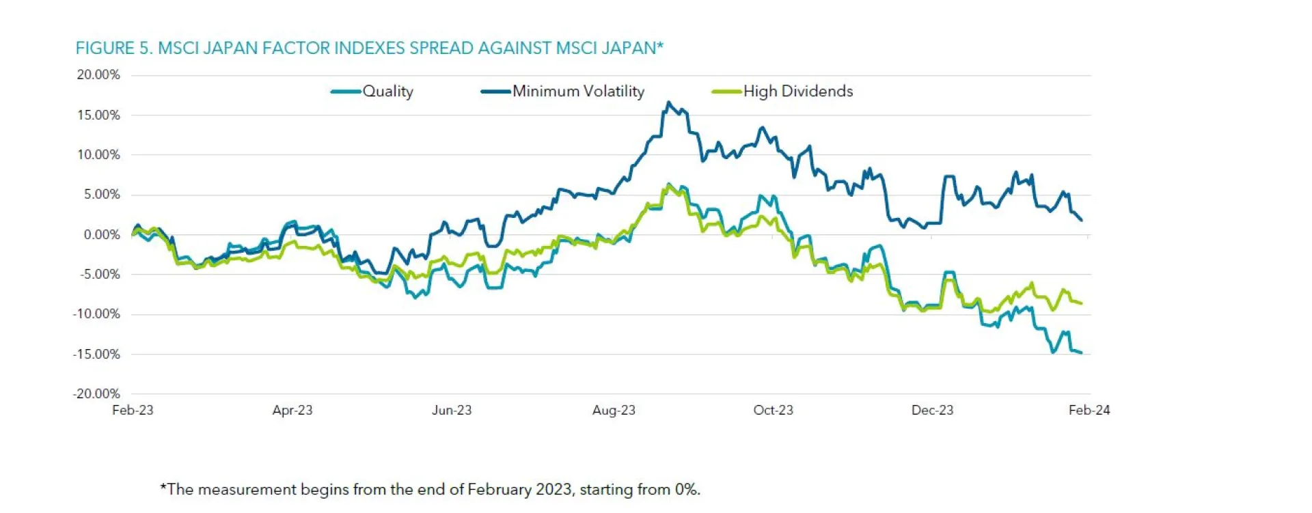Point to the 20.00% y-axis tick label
(98, 74)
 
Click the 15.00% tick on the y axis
(98, 115)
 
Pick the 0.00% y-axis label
(102, 234)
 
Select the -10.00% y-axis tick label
(96, 314)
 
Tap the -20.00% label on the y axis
(96, 393)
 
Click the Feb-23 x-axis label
(133, 410)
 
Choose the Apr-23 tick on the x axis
(292, 410)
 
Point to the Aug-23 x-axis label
(614, 410)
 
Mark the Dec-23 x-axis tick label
(932, 410)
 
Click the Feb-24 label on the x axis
(1089, 410)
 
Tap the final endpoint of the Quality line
(1081, 352)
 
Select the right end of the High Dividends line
(1081, 303)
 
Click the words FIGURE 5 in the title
(113, 48)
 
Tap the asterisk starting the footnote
(163, 488)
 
